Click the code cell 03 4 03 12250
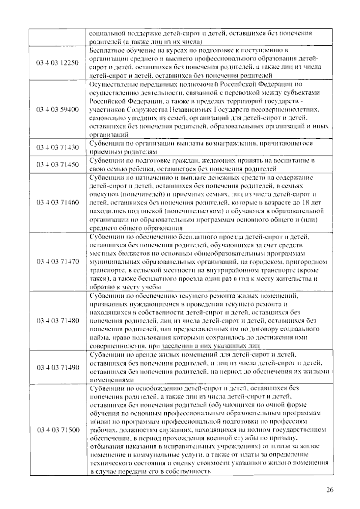click(x=58, y=63)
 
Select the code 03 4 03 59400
click(x=58, y=109)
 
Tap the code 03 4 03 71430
click(x=58, y=147)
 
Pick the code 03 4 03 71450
click(x=58, y=164)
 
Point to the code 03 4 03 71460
click(x=58, y=202)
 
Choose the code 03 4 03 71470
click(x=58, y=261)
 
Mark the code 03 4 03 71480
click(x=58, y=321)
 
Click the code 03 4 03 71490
click(x=58, y=367)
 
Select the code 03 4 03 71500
click(x=58, y=430)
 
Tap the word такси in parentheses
click(x=97, y=279)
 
